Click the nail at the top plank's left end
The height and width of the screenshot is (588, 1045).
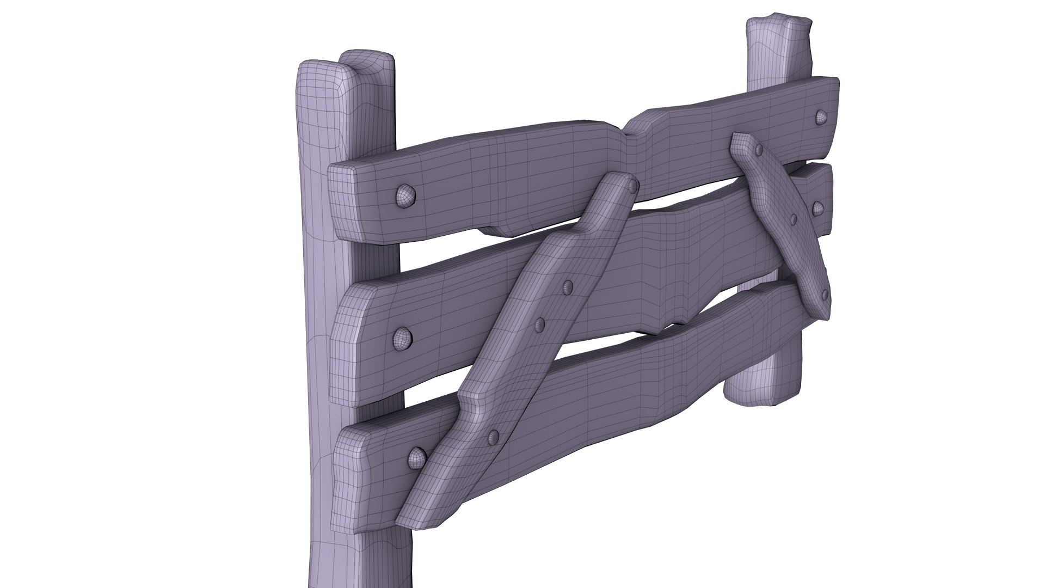404,194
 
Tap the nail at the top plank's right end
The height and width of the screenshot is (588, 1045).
820,116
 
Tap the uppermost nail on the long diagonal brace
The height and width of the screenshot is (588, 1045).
633,187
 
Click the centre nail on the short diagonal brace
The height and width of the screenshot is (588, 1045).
793,219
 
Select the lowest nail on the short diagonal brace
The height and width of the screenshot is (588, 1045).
825,295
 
